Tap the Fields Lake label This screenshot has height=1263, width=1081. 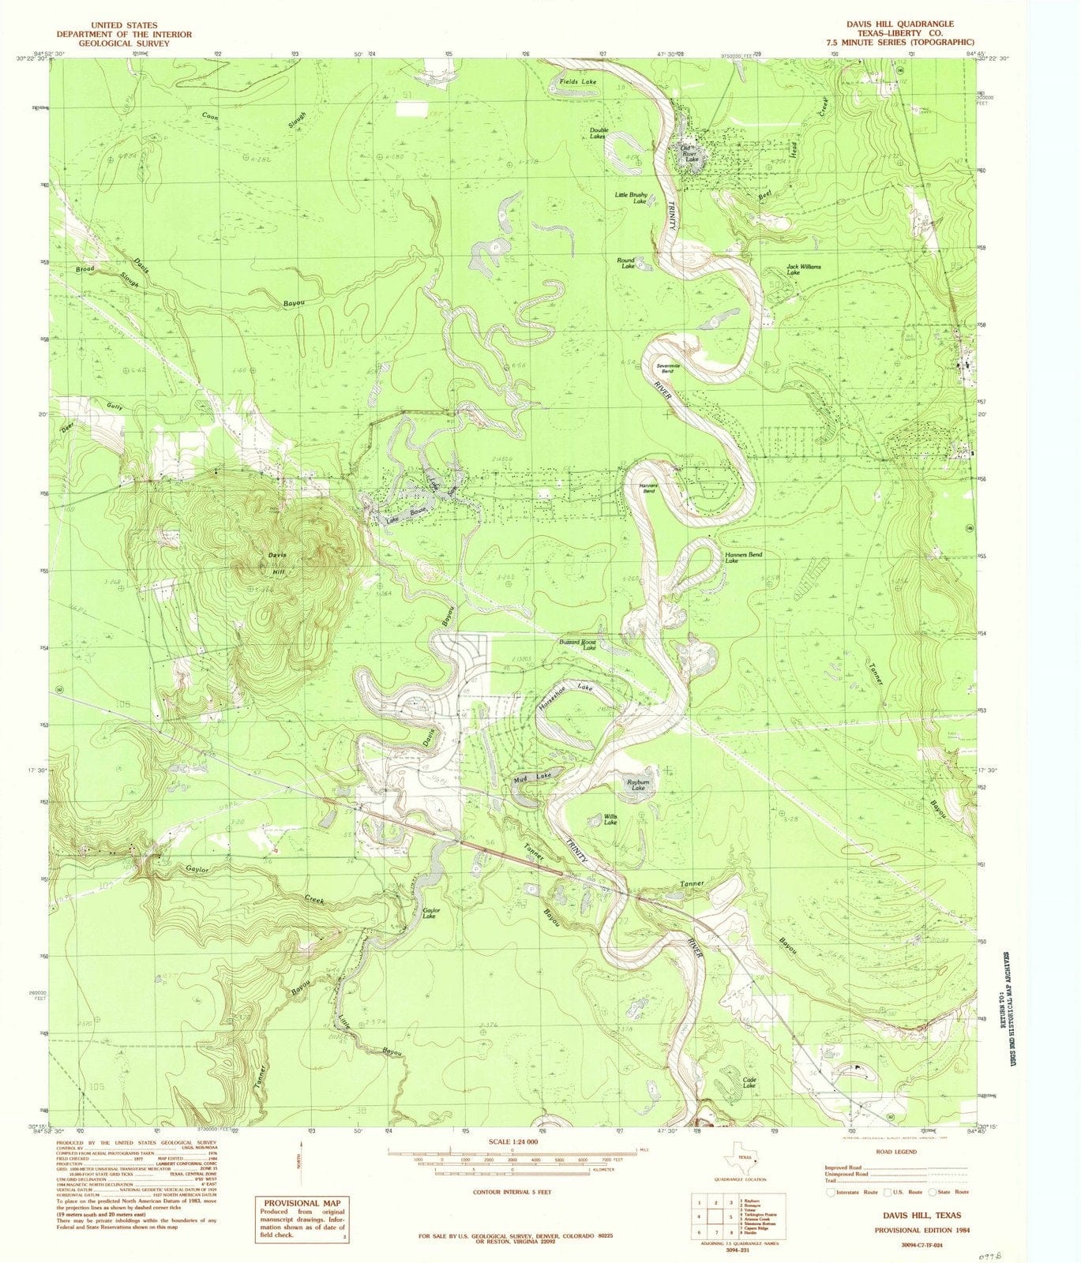pos(578,81)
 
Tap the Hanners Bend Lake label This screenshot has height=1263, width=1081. pos(743,558)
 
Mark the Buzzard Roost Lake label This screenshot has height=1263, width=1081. pos(578,644)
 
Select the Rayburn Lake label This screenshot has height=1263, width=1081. pos(637,785)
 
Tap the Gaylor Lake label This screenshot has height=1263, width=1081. pos(430,913)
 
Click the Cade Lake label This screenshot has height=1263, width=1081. pos(749,1082)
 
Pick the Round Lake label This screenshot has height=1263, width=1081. pos(627,264)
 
